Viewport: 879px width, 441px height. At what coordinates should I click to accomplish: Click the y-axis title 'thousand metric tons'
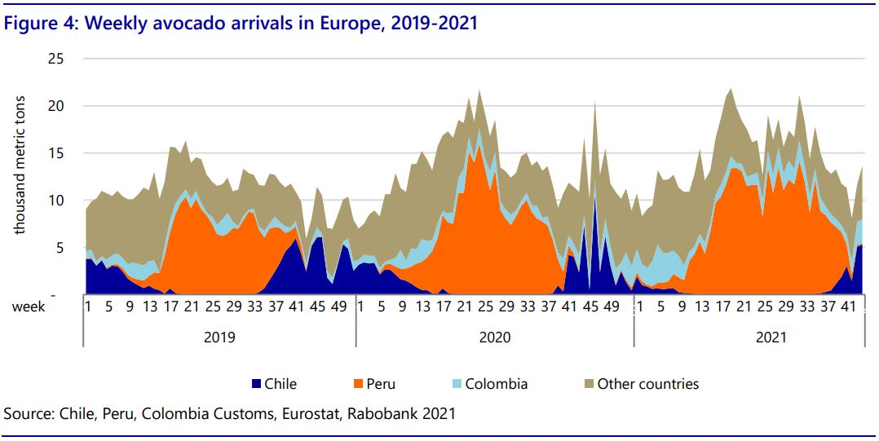coord(20,165)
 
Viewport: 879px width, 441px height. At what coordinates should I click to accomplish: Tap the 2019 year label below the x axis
coord(219,336)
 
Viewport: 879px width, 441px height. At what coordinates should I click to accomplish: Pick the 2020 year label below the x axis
coord(494,336)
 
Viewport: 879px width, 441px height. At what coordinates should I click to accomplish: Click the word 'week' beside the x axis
coord(29,307)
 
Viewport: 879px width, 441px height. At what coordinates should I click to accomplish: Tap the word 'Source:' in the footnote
coord(29,414)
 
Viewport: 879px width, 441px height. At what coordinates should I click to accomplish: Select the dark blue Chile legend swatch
coord(256,384)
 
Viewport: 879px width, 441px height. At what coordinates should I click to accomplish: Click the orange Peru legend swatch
coord(357,384)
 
